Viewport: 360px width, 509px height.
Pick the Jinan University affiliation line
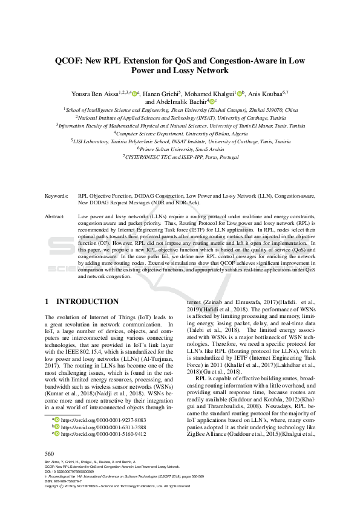click(180, 110)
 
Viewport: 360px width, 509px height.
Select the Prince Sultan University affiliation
click(180, 148)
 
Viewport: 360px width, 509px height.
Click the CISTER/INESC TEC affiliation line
click(180, 155)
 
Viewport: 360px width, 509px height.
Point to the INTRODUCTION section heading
click(87, 301)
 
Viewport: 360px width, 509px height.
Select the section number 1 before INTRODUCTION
click(47, 301)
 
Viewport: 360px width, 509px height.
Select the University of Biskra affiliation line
click(180, 132)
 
